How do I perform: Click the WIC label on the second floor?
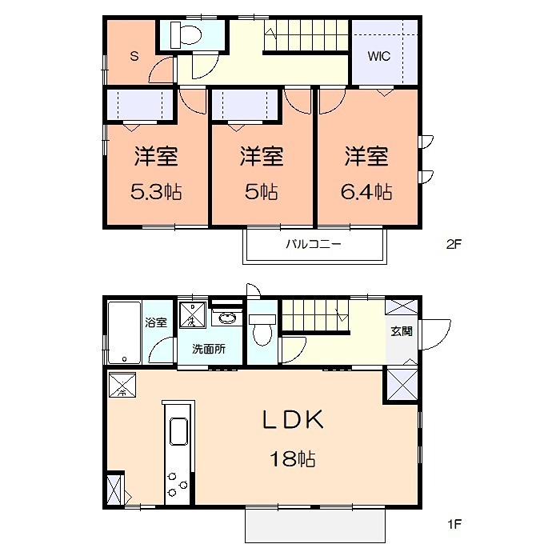coord(379,57)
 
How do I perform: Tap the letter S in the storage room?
coord(134,56)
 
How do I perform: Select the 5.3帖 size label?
coord(156,192)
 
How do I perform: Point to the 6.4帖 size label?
coord(368,192)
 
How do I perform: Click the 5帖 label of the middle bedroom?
coord(262,192)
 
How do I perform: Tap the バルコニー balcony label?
coord(314,244)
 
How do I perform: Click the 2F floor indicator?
coord(454,245)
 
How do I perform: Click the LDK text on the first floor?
coord(292,419)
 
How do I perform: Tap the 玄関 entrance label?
coord(401,330)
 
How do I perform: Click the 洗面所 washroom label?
coord(208,349)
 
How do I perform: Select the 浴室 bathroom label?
coord(156,323)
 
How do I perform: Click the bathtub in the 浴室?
coord(123,332)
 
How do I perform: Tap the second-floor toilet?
coord(186,35)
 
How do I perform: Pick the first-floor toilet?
coord(261,326)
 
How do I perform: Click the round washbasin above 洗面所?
coord(226,318)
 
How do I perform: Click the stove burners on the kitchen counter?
coord(177,482)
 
